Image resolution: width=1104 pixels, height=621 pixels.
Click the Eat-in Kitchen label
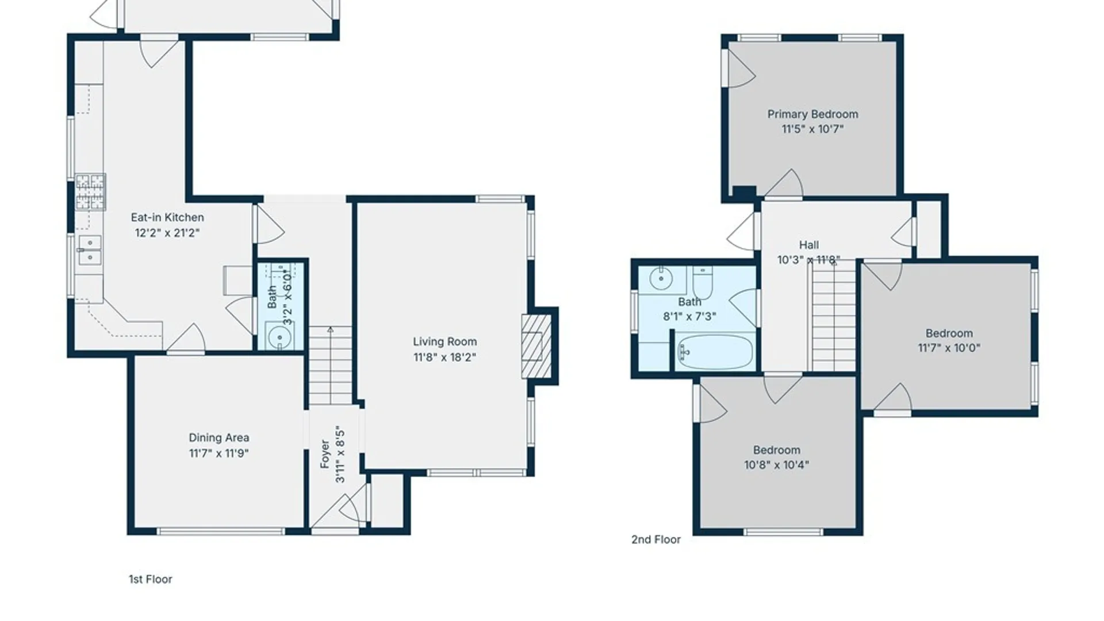click(x=167, y=217)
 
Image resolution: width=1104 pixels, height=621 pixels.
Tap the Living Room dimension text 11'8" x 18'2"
click(x=444, y=357)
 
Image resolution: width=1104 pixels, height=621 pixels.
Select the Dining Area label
click(x=219, y=438)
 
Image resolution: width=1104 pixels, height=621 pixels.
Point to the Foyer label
click(x=325, y=454)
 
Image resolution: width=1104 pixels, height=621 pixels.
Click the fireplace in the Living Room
click(x=532, y=346)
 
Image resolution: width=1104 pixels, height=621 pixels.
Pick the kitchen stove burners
click(x=90, y=192)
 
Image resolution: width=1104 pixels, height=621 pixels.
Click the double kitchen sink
click(x=90, y=250)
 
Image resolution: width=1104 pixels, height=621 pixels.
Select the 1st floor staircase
click(x=330, y=365)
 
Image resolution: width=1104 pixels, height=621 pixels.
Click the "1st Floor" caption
click(x=151, y=579)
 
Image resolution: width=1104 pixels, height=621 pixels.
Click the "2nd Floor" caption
click(x=656, y=539)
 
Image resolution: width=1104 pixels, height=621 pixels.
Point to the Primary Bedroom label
click(x=812, y=114)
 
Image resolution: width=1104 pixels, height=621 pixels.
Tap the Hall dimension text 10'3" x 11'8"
click(x=808, y=260)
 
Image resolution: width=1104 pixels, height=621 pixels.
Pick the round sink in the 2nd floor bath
click(x=661, y=280)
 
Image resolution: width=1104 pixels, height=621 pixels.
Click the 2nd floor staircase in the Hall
click(x=834, y=316)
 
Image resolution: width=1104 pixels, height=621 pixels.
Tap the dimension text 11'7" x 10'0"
click(x=949, y=348)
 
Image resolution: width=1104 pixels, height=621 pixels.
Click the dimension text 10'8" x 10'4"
click(x=776, y=465)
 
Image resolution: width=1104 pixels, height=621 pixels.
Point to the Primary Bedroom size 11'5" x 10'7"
click(x=812, y=129)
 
